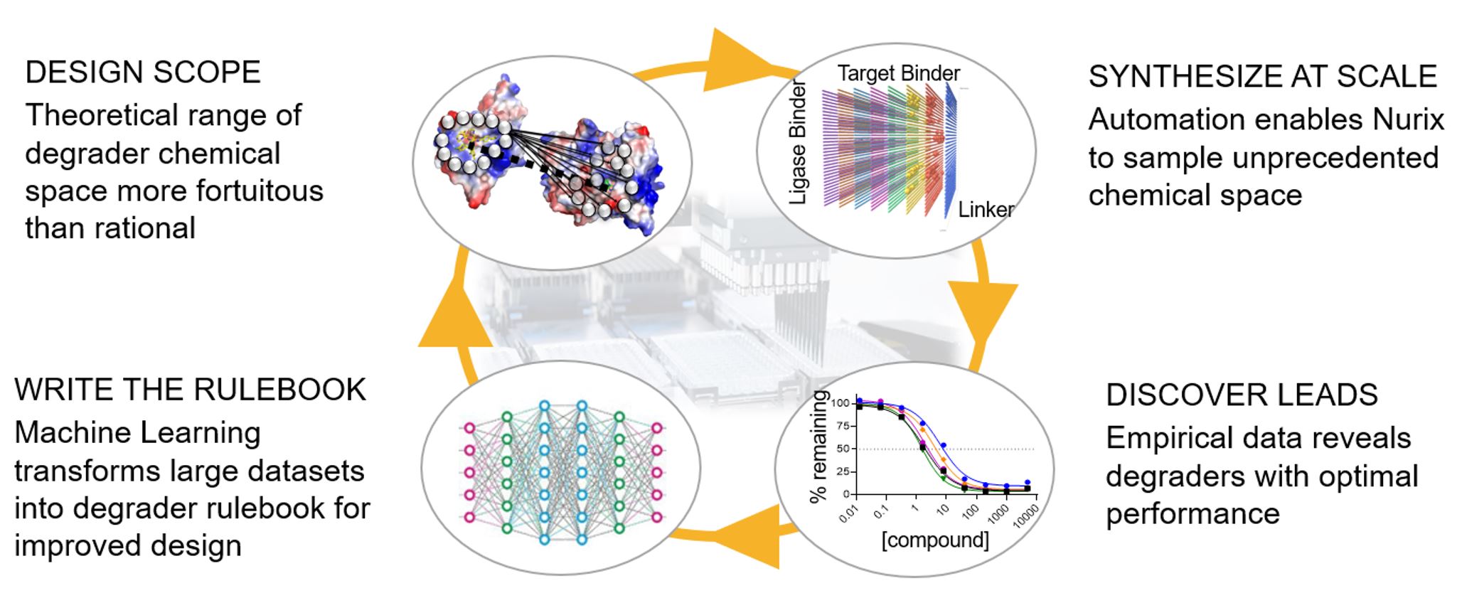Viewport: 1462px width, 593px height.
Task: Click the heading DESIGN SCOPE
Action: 143,73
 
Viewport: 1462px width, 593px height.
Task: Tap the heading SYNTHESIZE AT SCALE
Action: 1262,76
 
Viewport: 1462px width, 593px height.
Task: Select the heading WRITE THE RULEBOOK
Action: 190,390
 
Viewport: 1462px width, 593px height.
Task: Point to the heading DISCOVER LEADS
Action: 1242,395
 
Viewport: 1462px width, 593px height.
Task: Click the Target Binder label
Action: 899,73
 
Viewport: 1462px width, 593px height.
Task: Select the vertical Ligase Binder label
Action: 799,142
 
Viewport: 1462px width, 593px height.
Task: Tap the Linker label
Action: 986,210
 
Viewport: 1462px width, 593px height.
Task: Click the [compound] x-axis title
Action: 935,540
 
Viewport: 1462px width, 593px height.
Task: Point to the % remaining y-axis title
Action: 819,447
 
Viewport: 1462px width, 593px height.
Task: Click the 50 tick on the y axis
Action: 843,449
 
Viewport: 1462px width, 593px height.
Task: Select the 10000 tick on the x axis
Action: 1025,513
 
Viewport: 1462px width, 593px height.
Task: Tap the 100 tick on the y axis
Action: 841,403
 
